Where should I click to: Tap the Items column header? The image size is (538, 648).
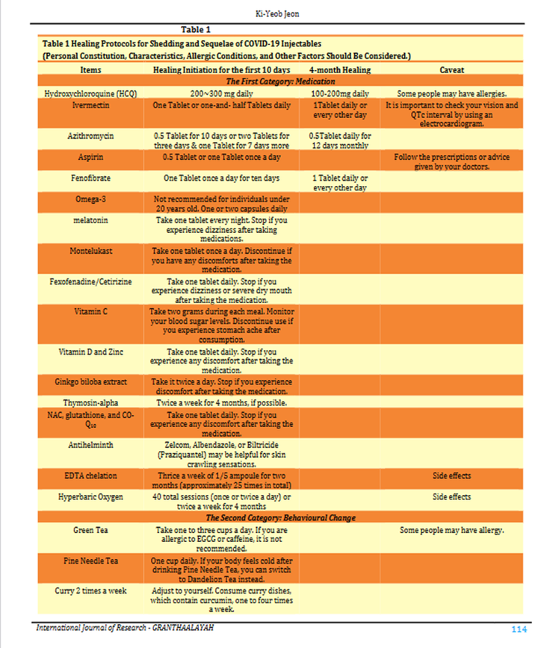tap(91, 69)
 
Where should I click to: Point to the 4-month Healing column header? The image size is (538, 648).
tap(340, 69)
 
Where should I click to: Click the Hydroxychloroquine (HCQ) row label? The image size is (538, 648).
tap(91, 93)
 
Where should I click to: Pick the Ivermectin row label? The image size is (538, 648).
tap(91, 106)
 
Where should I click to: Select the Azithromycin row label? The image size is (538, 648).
tap(91, 137)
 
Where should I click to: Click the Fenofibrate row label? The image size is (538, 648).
tap(91, 178)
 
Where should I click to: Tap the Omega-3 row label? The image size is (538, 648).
tap(91, 200)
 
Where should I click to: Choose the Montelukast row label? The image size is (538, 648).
tap(91, 251)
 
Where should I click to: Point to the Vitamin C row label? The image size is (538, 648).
tap(91, 311)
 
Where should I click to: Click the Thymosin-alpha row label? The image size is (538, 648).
tap(91, 402)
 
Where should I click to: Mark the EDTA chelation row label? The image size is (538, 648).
tap(91, 476)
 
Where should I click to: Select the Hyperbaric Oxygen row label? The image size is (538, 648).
tap(91, 496)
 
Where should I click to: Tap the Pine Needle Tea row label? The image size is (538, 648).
tap(91, 560)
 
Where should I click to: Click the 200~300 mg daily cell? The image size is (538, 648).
tap(221, 93)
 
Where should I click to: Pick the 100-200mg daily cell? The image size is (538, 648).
tap(340, 93)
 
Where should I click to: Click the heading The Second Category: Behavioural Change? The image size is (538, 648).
tap(281, 517)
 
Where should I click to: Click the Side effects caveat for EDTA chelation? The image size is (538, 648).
tap(451, 476)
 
